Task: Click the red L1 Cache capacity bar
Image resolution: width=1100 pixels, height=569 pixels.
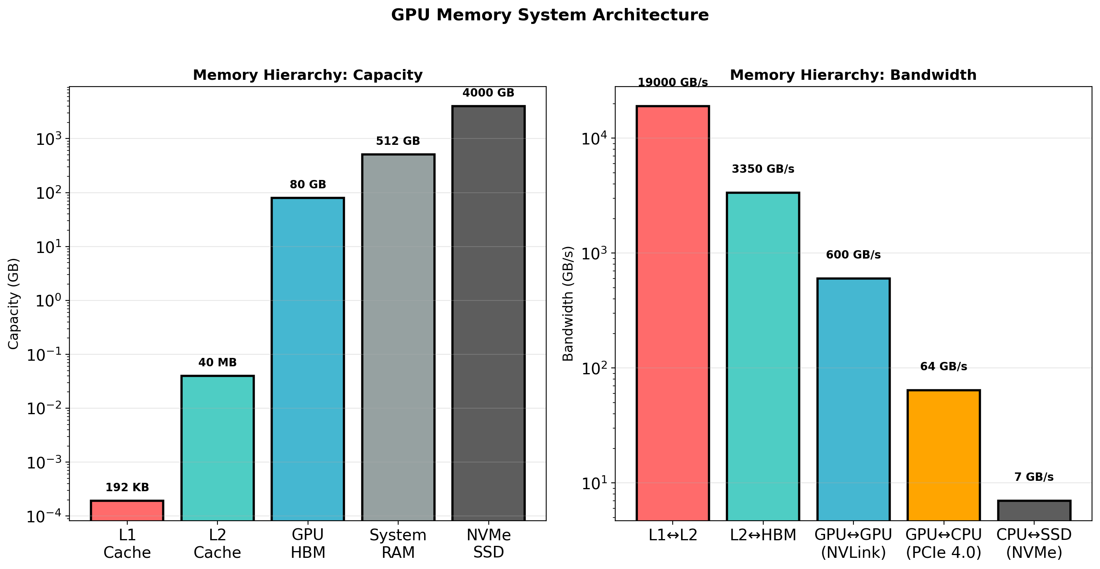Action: click(x=127, y=510)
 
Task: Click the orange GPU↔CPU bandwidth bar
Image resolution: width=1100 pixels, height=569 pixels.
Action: click(x=943, y=454)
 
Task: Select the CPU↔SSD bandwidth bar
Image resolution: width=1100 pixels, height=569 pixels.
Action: click(x=1034, y=510)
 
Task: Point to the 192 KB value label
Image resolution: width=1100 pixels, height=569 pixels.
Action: click(x=127, y=488)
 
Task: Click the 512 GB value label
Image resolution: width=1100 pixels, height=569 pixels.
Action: click(x=398, y=141)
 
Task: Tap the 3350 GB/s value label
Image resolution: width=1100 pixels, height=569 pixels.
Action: click(x=762, y=169)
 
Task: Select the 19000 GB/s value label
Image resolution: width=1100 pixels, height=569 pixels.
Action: click(x=673, y=83)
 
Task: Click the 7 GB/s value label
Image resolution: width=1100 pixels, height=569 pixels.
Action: click(x=1034, y=477)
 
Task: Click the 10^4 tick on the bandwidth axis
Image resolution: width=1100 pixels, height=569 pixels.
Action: click(x=594, y=138)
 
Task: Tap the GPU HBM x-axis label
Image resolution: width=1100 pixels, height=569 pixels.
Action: click(x=308, y=543)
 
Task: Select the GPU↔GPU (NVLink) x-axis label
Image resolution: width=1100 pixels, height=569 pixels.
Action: click(x=853, y=543)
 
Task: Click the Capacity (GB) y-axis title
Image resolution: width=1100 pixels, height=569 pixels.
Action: click(x=14, y=303)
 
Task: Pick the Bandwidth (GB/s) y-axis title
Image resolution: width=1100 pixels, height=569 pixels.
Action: click(x=567, y=303)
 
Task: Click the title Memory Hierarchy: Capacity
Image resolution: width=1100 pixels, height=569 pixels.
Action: click(x=308, y=75)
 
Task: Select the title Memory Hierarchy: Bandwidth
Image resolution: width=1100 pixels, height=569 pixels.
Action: click(x=853, y=75)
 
